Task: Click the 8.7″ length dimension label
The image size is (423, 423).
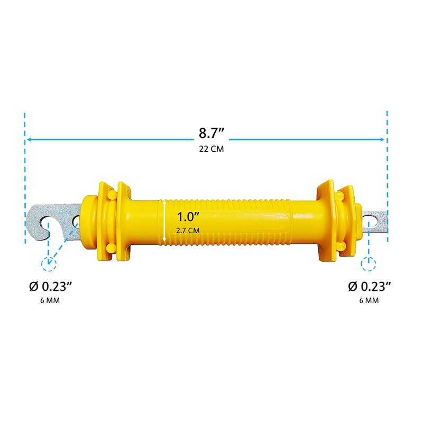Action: (x=212, y=133)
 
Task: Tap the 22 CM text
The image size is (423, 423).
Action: (x=212, y=149)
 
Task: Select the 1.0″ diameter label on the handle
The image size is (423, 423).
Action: (x=188, y=217)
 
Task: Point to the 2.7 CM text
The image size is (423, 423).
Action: (x=188, y=231)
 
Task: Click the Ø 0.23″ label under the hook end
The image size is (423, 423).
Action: (x=50, y=286)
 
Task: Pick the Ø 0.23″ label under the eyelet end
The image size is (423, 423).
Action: (x=369, y=286)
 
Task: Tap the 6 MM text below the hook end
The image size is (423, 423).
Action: (x=50, y=300)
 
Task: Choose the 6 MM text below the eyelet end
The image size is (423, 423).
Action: (x=369, y=300)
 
